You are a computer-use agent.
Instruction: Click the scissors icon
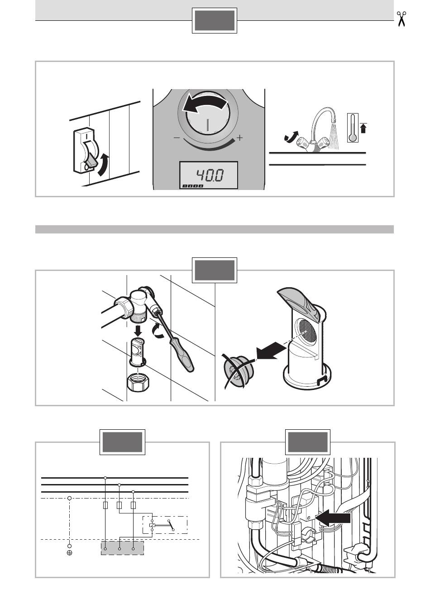[x=401, y=19]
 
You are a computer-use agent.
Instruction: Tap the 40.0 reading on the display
[x=210, y=175]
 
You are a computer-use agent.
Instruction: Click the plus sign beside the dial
[x=239, y=138]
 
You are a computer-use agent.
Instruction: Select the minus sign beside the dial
[x=177, y=138]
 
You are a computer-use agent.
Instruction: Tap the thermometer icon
[x=353, y=128]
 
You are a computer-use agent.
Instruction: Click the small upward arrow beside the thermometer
[x=363, y=128]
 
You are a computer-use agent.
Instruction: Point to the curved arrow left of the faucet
[x=291, y=136]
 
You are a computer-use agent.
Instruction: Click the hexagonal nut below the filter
[x=139, y=382]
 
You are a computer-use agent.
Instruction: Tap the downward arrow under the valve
[x=138, y=331]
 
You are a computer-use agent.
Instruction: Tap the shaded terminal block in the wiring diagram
[x=122, y=548]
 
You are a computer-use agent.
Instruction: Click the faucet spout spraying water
[x=323, y=119]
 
